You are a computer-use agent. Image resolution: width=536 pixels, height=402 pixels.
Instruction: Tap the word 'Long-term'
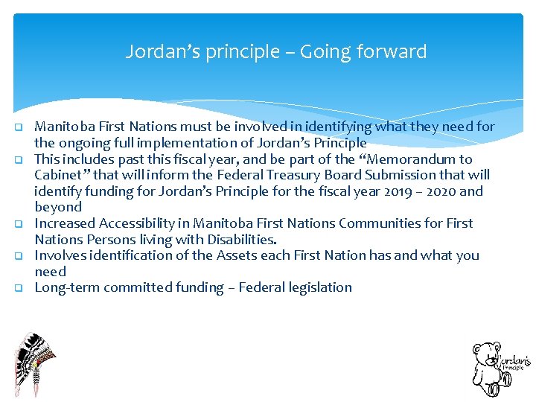point(67,287)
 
